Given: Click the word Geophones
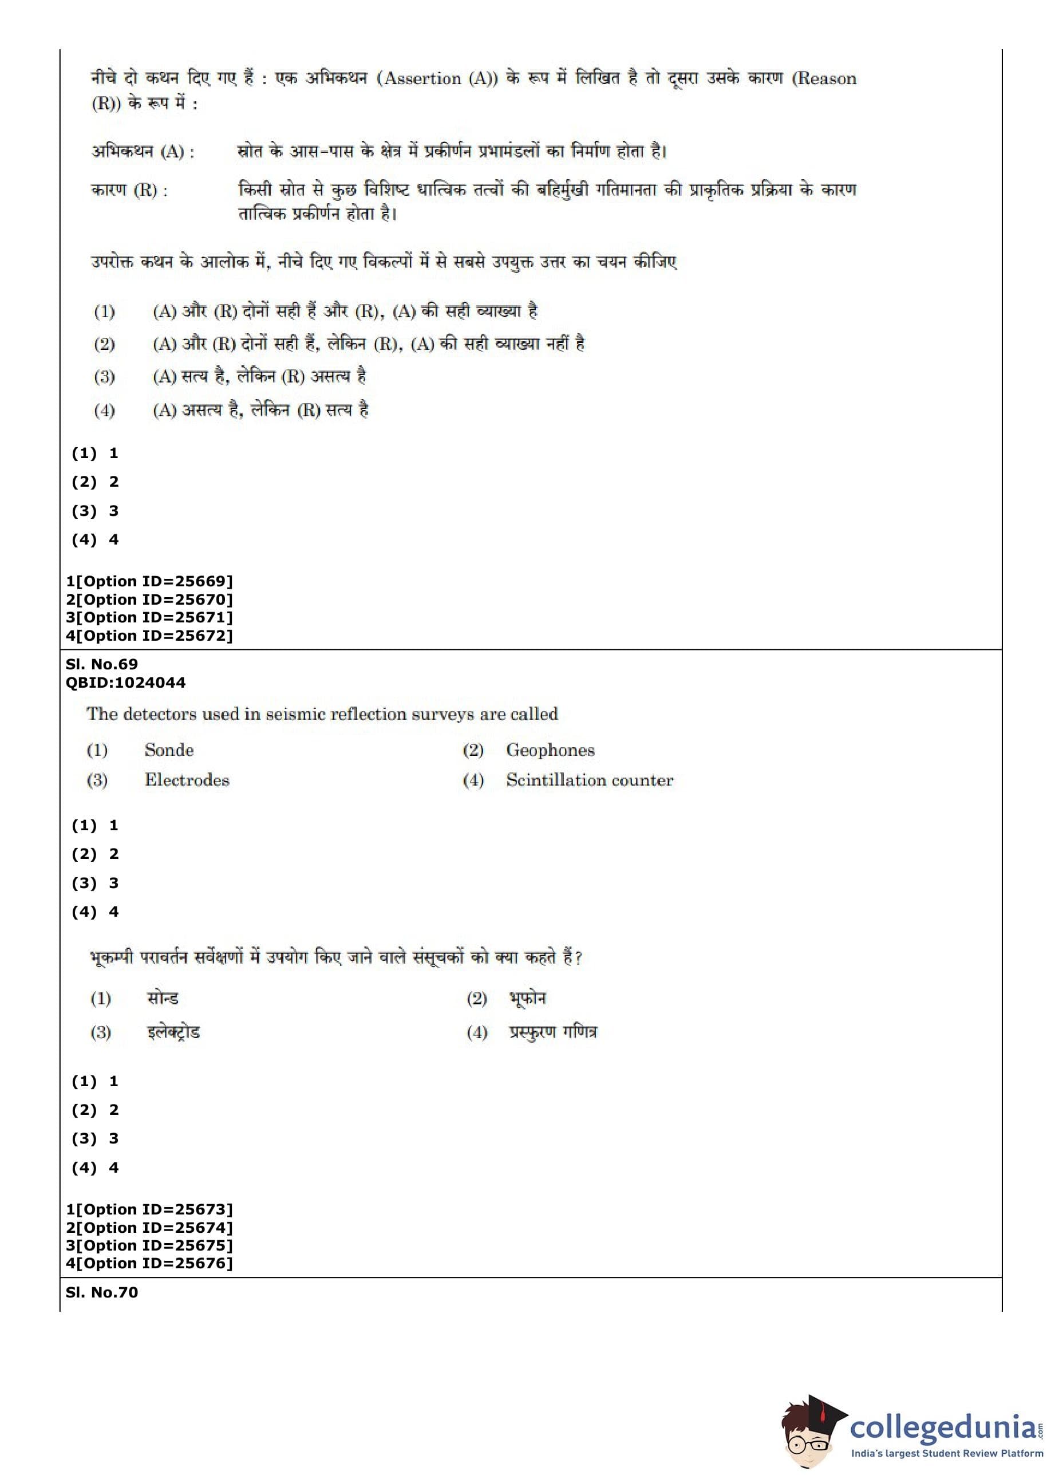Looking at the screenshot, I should click(x=550, y=750).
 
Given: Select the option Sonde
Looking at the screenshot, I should click(x=169, y=750).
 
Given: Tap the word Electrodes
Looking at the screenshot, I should click(x=187, y=779).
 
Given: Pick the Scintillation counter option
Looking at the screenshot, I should click(x=590, y=779).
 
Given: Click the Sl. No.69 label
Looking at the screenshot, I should click(x=101, y=664).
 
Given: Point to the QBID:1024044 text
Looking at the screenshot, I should click(x=125, y=682).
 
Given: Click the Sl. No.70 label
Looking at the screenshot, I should click(x=101, y=1292).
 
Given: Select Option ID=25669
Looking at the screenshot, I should click(x=149, y=581).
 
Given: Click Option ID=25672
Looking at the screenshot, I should click(x=149, y=636).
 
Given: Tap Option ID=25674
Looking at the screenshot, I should click(x=149, y=1228).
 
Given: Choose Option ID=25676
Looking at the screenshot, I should click(x=149, y=1263).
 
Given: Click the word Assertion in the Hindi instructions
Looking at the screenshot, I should click(x=422, y=78).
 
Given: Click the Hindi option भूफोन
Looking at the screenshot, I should click(x=527, y=998).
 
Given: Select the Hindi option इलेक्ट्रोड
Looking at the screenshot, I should click(x=173, y=1032).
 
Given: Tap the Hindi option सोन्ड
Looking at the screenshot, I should click(x=163, y=998).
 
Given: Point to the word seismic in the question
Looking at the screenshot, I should click(x=296, y=714).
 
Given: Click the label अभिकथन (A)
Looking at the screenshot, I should click(x=143, y=151).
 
